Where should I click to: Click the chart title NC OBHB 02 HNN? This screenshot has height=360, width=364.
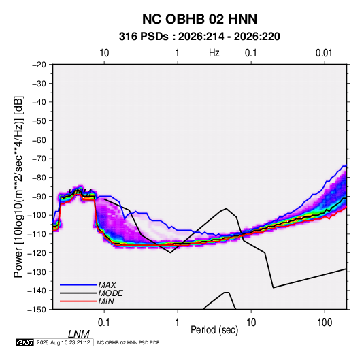(x=199, y=19)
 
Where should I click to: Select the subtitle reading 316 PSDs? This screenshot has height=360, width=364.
(x=144, y=37)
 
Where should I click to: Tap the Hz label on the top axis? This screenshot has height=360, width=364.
(x=214, y=53)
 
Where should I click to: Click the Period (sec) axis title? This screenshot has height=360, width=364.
(x=214, y=330)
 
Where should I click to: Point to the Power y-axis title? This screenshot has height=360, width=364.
(x=18, y=186)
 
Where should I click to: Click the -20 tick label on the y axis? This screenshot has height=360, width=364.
(x=39, y=65)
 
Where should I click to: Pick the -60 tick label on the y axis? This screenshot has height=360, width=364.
(x=39, y=140)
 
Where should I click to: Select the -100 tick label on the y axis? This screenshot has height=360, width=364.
(x=37, y=215)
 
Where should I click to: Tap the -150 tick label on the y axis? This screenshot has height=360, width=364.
(x=37, y=310)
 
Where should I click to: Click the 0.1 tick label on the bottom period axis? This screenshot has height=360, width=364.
(x=104, y=322)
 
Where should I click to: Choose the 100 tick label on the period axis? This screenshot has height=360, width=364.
(x=325, y=322)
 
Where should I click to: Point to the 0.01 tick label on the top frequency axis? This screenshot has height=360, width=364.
(x=324, y=53)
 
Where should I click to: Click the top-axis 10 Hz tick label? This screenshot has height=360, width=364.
(x=104, y=53)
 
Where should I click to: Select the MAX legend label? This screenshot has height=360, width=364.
(x=107, y=285)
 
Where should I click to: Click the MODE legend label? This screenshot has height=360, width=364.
(x=110, y=293)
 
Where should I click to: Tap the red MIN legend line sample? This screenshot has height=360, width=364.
(x=78, y=301)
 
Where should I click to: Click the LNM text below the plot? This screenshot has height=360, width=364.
(x=78, y=334)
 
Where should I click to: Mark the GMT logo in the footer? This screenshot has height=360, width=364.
(x=24, y=342)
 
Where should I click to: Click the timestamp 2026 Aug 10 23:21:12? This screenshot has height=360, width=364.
(x=63, y=342)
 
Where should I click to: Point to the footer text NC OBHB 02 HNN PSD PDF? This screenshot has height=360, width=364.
(x=128, y=342)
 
